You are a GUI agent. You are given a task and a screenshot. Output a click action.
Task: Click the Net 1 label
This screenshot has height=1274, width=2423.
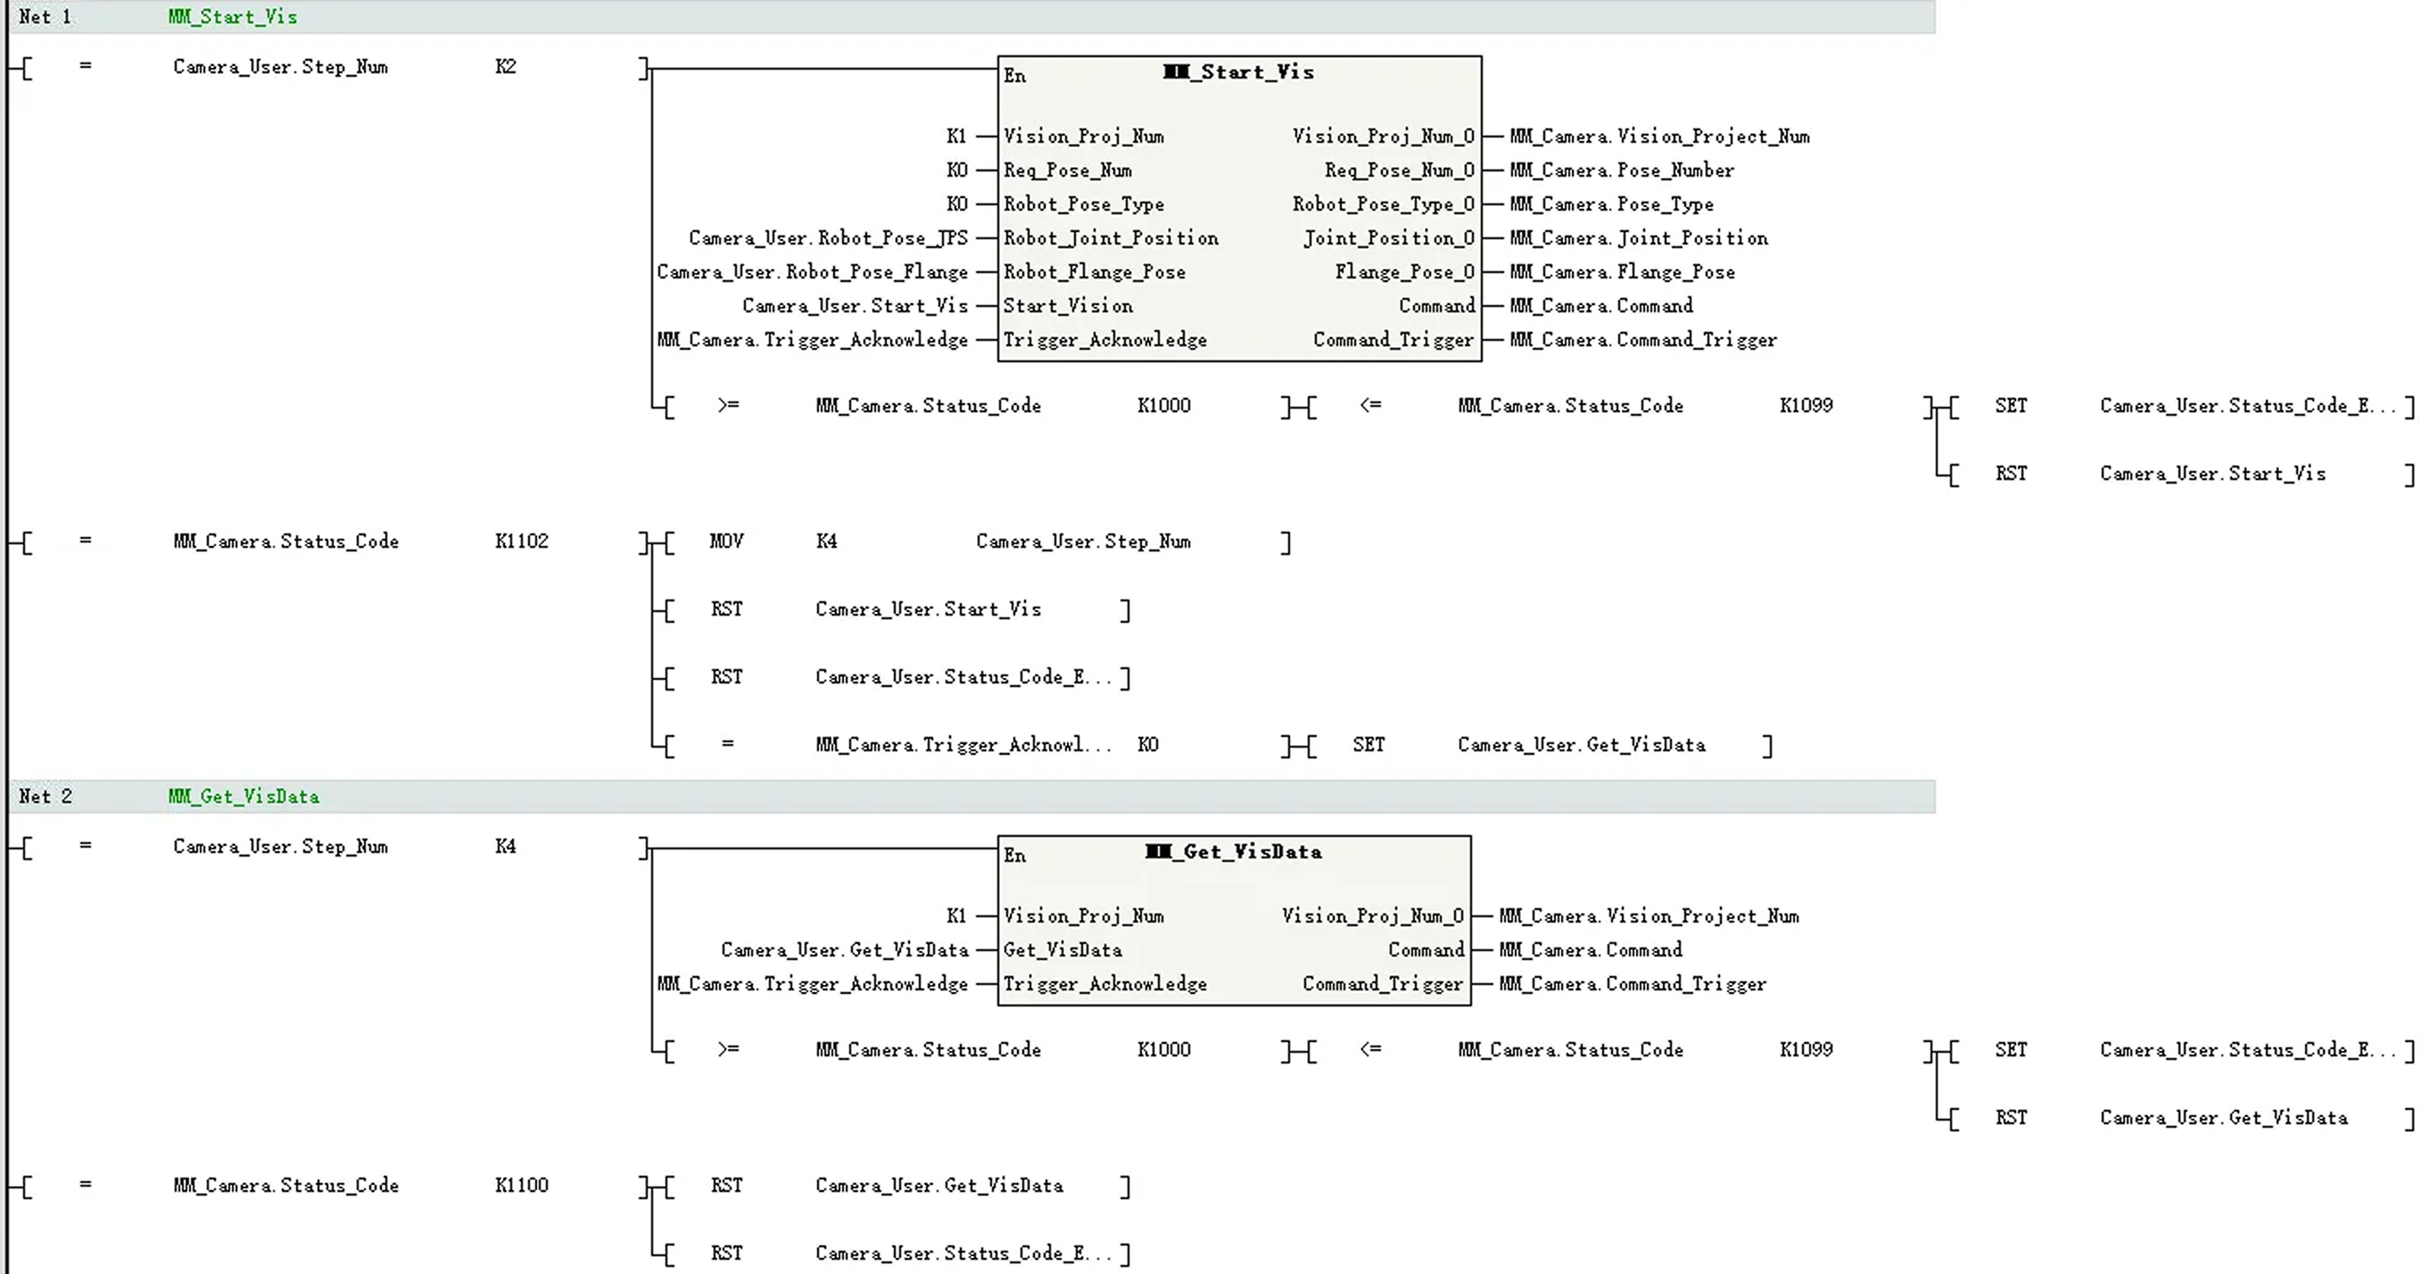pyautogui.click(x=45, y=17)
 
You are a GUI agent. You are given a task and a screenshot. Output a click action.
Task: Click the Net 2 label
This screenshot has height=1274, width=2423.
pyautogui.click(x=45, y=797)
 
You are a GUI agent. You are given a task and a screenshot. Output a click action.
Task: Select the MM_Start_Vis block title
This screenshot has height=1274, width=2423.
pyautogui.click(x=1238, y=72)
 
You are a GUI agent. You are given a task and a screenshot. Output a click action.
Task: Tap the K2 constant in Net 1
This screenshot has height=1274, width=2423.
pyautogui.click(x=505, y=67)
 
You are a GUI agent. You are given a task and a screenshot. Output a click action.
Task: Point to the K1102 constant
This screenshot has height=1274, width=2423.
pyautogui.click(x=521, y=541)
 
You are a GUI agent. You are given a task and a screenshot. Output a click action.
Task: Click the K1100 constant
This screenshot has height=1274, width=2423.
pyautogui.click(x=521, y=1186)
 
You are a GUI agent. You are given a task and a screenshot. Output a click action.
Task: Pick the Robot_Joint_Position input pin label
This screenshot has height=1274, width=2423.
pyautogui.click(x=1111, y=238)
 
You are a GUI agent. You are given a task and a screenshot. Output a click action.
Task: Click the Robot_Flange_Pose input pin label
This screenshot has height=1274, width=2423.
pyautogui.click(x=1094, y=272)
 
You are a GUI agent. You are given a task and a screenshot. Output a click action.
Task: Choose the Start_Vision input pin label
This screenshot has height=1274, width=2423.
pyautogui.click(x=1068, y=306)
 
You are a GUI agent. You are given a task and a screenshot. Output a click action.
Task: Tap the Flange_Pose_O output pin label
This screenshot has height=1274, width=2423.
pyautogui.click(x=1404, y=272)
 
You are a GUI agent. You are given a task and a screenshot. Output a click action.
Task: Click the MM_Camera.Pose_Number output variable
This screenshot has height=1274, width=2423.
pyautogui.click(x=1622, y=170)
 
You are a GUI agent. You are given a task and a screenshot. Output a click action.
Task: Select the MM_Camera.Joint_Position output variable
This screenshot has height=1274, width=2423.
pyautogui.click(x=1639, y=238)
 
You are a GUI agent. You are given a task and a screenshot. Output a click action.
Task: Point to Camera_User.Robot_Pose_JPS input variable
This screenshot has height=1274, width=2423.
pyautogui.click(x=828, y=238)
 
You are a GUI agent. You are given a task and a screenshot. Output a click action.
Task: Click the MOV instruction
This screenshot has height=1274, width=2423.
pyautogui.click(x=726, y=541)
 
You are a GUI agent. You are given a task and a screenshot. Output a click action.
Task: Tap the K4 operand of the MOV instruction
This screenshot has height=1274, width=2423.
pyautogui.click(x=826, y=541)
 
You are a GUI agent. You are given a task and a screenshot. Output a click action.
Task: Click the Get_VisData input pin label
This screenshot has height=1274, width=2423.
pyautogui.click(x=1062, y=950)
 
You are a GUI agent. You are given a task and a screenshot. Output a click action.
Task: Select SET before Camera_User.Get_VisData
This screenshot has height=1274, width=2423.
pyautogui.click(x=1369, y=745)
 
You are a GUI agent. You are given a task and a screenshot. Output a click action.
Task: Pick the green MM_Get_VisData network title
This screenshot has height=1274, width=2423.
pyautogui.click(x=244, y=797)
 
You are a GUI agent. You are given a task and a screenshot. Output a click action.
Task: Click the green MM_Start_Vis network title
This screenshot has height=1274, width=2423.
pyautogui.click(x=232, y=17)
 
